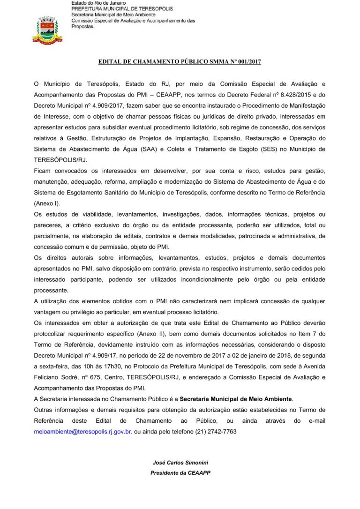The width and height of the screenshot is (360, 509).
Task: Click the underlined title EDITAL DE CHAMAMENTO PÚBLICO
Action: (180, 62)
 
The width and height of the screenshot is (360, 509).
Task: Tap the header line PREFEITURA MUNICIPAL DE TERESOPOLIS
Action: (122, 9)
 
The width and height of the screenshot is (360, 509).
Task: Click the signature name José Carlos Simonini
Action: (180, 463)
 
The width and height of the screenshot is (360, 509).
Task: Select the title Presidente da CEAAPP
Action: (180, 473)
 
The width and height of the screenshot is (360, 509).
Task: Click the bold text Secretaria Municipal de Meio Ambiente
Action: (236, 399)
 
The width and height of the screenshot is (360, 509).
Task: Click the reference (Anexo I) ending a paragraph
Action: (47, 203)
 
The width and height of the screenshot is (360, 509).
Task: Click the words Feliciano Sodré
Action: (52, 377)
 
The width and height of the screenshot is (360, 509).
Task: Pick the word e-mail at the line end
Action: (317, 421)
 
